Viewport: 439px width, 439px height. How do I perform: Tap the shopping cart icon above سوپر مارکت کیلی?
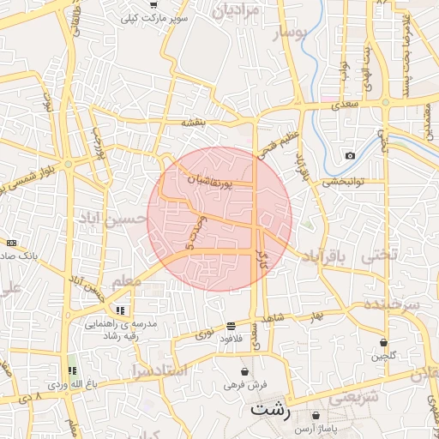pos(153,5)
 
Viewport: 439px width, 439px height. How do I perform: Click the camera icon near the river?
pos(350,155)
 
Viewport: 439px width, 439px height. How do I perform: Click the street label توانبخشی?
pos(344,181)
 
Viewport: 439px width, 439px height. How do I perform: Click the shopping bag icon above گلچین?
pos(383,342)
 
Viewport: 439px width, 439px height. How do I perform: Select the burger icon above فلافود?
pos(231,326)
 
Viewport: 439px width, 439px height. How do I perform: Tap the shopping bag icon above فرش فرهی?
pos(246,372)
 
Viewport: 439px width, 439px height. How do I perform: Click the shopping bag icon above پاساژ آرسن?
pos(316,415)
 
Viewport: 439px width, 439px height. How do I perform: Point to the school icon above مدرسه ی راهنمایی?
pos(120,310)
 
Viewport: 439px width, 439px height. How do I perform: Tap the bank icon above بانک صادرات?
pos(10,244)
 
